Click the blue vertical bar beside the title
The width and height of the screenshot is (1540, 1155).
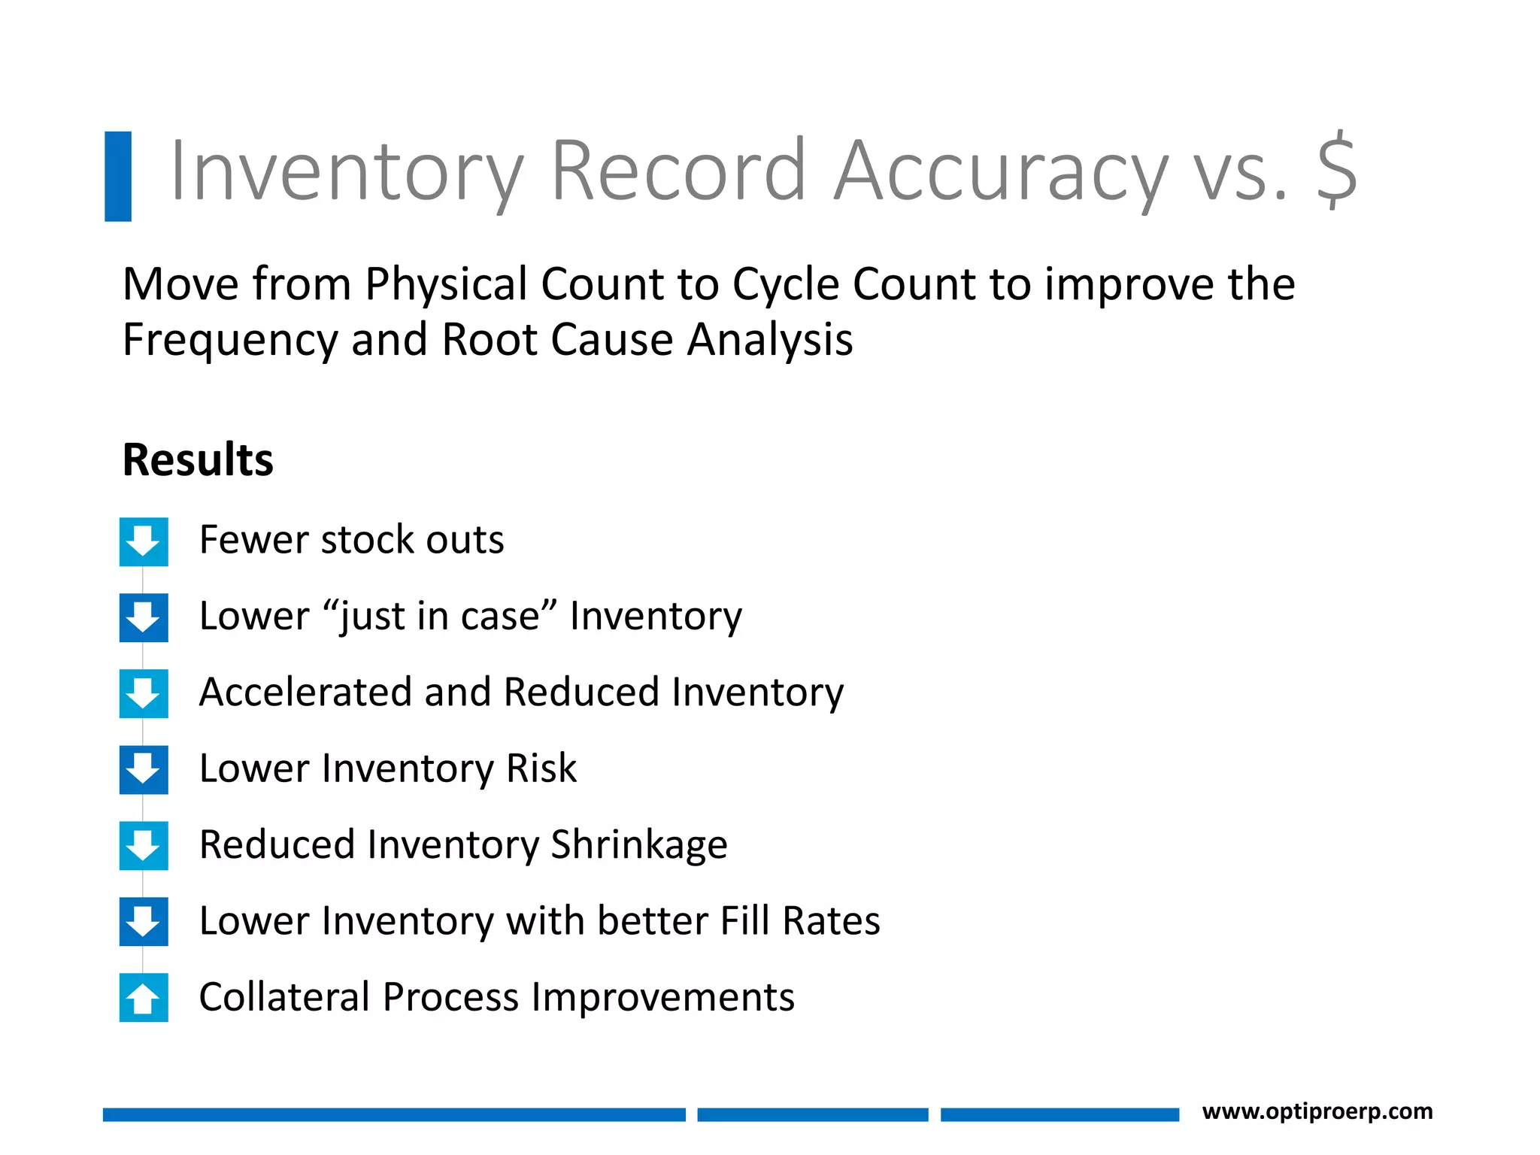point(118,176)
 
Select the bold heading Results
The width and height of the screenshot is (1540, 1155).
point(198,459)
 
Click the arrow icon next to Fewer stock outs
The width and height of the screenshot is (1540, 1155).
point(144,541)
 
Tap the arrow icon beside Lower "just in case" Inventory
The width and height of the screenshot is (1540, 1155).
point(144,617)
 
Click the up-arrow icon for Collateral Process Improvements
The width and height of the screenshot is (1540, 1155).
point(144,998)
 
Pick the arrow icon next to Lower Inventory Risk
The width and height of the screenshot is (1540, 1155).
point(144,770)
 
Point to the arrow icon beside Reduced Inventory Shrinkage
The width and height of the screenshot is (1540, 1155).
point(144,846)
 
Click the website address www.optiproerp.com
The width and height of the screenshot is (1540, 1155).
point(1317,1111)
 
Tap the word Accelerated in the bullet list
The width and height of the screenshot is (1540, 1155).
point(305,692)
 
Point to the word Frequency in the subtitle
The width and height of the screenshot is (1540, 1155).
point(230,340)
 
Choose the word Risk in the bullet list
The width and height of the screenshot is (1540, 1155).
point(541,768)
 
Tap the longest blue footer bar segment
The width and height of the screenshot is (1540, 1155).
point(394,1114)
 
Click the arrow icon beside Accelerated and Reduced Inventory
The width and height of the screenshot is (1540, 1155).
point(144,693)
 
